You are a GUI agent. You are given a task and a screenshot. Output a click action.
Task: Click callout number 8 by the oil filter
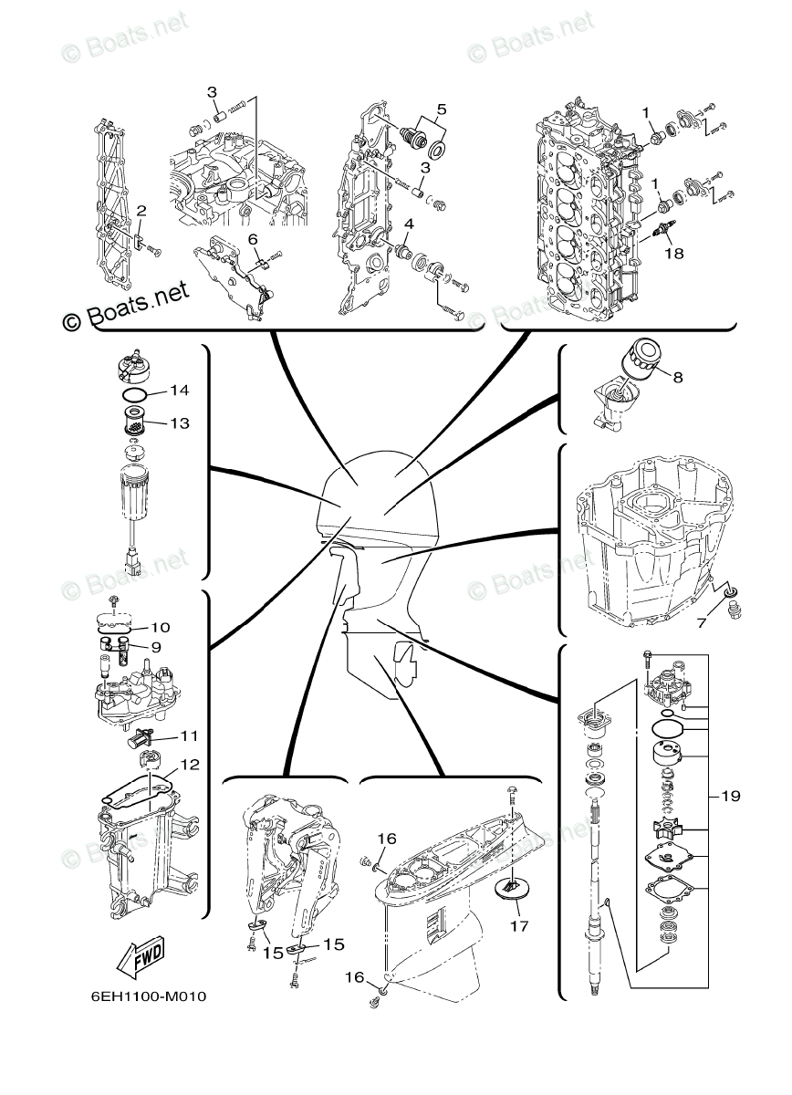click(677, 375)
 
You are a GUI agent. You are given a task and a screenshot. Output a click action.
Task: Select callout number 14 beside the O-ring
click(179, 391)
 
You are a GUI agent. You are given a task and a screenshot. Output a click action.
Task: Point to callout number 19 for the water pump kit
click(730, 796)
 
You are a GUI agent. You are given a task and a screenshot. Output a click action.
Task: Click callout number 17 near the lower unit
click(519, 925)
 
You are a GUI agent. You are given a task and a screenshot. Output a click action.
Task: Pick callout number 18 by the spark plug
click(673, 254)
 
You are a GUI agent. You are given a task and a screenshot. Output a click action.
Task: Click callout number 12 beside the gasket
click(190, 764)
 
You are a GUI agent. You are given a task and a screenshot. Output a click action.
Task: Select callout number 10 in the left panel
click(161, 628)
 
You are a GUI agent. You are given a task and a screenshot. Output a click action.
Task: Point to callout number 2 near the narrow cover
click(141, 212)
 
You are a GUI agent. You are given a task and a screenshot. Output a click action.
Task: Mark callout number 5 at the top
click(441, 109)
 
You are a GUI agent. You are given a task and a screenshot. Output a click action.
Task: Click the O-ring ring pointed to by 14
click(134, 395)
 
